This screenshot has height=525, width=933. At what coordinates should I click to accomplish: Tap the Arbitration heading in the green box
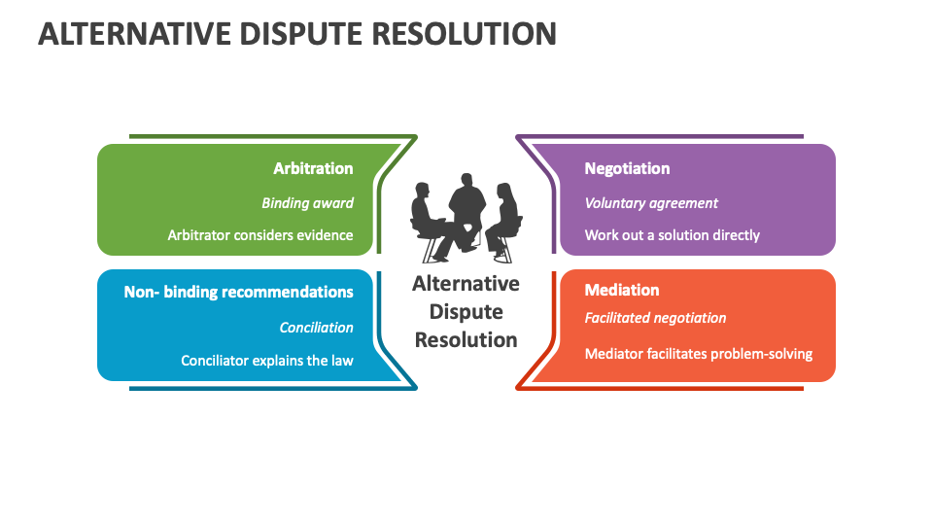click(313, 168)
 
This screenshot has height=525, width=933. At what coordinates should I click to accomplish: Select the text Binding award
click(307, 203)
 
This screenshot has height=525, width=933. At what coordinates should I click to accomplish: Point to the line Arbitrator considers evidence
click(260, 235)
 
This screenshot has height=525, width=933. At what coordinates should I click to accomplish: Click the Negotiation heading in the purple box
click(627, 168)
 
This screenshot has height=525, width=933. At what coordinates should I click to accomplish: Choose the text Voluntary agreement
click(651, 203)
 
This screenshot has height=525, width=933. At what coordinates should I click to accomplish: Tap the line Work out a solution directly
click(672, 235)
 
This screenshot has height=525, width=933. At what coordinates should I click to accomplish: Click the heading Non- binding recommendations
click(238, 292)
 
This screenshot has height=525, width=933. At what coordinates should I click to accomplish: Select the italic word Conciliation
click(316, 328)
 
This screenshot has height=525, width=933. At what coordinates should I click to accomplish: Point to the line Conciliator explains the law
click(267, 361)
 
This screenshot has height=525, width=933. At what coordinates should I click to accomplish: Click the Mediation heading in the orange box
click(622, 290)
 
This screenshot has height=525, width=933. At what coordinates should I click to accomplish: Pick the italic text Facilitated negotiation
click(655, 318)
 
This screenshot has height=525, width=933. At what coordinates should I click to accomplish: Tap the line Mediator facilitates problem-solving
click(698, 354)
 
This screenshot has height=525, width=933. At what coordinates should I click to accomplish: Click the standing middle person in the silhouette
click(466, 209)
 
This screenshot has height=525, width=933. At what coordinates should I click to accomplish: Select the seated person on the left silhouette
click(428, 219)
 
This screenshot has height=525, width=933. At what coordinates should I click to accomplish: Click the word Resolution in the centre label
click(466, 340)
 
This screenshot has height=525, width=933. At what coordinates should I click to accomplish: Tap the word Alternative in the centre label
click(466, 284)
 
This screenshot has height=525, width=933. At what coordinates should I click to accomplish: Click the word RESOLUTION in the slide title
click(464, 33)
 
